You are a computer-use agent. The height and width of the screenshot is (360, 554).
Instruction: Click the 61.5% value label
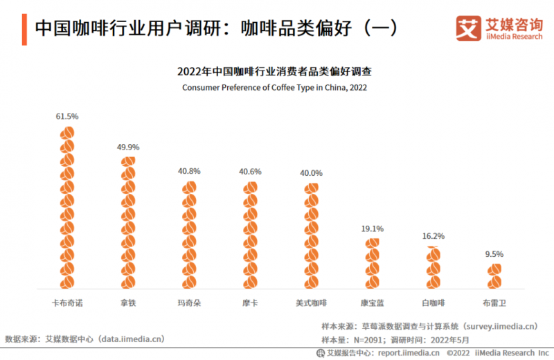67,116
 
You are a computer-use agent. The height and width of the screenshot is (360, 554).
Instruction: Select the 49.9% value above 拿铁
129,147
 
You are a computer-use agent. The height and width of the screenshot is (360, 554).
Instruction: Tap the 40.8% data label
190,171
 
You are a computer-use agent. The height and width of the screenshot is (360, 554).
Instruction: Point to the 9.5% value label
494,254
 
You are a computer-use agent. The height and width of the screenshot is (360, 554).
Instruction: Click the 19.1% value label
372,228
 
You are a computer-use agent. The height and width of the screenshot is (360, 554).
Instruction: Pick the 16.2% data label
434,235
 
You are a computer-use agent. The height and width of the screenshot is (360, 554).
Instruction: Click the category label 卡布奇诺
67,303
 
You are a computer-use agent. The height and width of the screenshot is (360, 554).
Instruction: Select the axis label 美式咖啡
312,303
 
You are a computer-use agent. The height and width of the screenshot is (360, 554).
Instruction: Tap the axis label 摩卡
251,303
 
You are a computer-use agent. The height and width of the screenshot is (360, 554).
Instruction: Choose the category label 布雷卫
494,303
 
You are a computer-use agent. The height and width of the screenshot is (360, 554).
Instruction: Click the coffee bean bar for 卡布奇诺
67,207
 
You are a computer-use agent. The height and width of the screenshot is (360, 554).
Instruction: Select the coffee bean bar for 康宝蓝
373,263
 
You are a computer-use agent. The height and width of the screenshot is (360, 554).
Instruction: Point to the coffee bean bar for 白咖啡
434,267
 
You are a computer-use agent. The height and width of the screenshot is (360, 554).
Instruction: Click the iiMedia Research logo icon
468,28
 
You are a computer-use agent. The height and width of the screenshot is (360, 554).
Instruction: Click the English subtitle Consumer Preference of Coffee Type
274,88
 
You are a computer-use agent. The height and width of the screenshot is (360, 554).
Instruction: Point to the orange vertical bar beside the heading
24,28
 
